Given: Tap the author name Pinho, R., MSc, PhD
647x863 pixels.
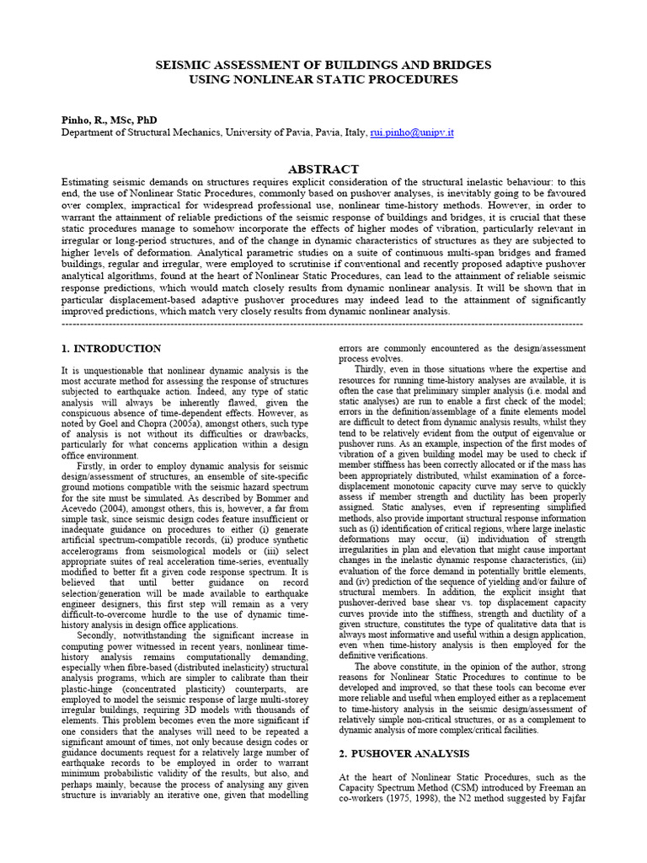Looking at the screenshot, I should pos(109,120).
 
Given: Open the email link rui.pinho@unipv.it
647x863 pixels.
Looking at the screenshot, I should pos(418,132).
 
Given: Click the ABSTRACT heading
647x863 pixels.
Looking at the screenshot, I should pos(323,169).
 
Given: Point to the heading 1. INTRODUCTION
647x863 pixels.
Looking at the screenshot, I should pos(111,348).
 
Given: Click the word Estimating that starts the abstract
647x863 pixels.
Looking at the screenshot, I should pos(89,181).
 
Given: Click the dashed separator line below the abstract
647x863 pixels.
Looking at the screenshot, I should pos(323,323).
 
